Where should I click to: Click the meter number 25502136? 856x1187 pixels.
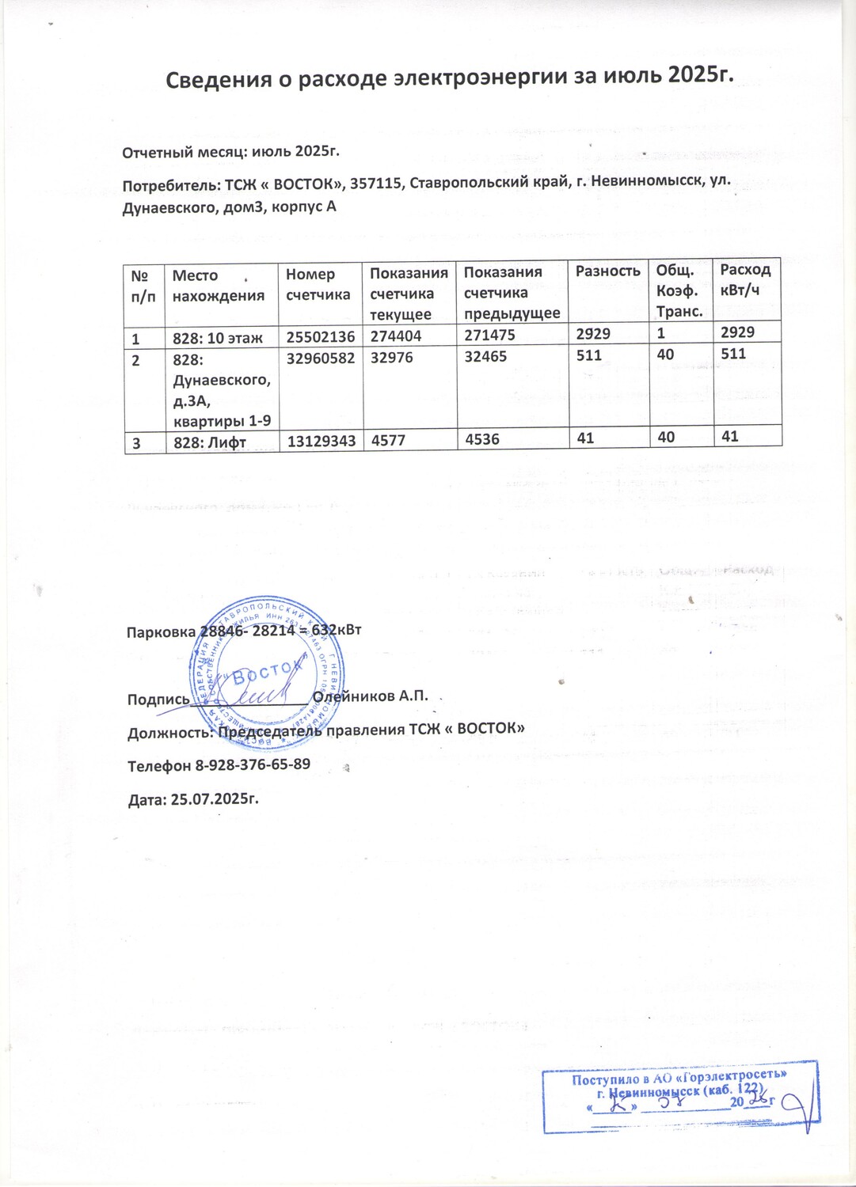(320, 337)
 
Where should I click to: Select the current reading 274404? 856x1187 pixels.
(396, 336)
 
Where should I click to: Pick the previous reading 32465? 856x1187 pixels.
(485, 357)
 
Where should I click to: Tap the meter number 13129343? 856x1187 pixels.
(321, 441)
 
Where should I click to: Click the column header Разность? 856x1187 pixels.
(607, 271)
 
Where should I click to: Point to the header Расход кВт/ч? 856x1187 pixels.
(745, 280)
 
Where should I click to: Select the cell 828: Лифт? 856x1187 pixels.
(210, 443)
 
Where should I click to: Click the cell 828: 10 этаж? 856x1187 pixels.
(217, 339)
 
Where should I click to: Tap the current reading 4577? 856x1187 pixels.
(388, 440)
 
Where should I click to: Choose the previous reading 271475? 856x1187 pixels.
(489, 336)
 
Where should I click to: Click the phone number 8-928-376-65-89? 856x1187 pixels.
(253, 765)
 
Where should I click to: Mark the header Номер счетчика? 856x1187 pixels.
(318, 284)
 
